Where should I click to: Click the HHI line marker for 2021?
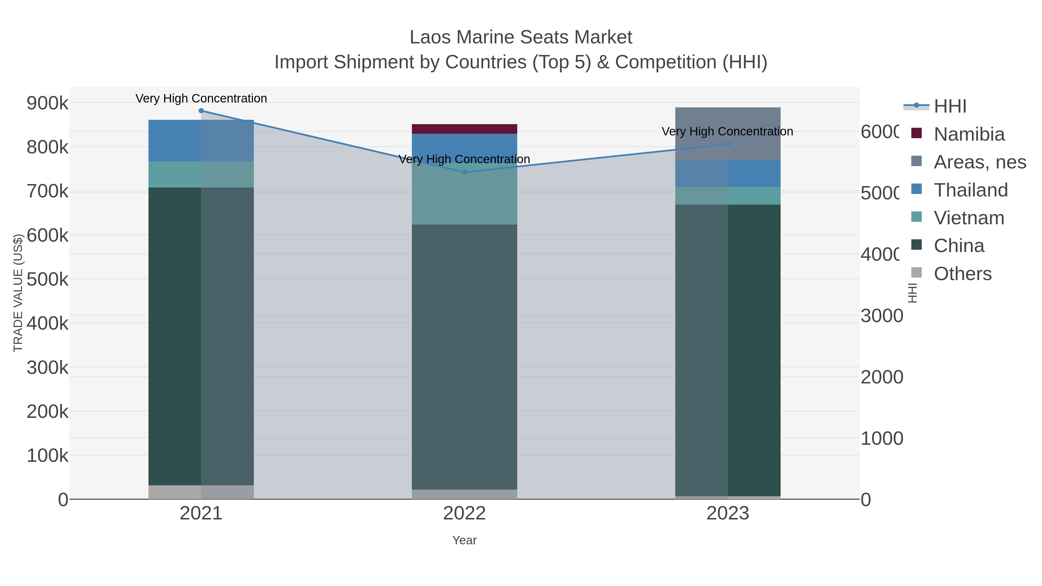pos(201,111)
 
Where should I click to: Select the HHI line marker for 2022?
pos(464,172)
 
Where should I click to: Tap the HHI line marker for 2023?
pos(728,144)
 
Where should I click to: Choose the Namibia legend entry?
pos(968,134)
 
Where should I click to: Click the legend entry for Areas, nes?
pos(979,162)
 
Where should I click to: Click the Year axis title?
pos(464,540)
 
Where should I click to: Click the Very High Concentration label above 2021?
pos(201,99)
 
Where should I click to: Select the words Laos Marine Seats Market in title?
pos(521,37)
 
